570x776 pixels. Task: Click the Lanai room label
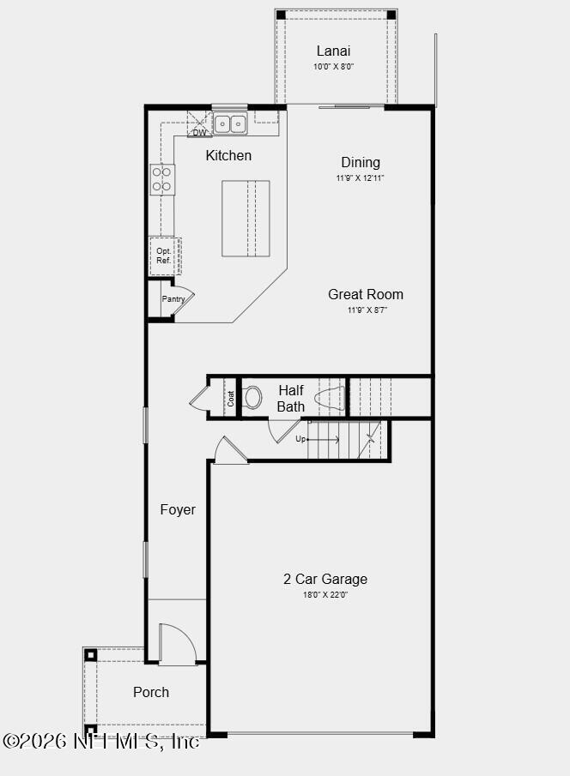pos(334,51)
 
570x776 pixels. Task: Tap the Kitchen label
pos(228,155)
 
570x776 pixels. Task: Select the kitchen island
pos(246,219)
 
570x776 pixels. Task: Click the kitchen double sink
pos(230,124)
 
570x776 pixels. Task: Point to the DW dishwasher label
pos(199,133)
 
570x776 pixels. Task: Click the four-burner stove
pos(161,179)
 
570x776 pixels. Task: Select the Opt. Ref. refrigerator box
pos(163,256)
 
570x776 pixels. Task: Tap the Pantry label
pos(173,299)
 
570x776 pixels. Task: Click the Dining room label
pos(361,162)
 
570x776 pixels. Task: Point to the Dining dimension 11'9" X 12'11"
pos(361,178)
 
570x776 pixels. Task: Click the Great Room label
pos(366,294)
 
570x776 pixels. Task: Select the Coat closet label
pos(230,399)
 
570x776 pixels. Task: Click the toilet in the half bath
pos(252,397)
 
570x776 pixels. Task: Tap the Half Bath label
pos(291,398)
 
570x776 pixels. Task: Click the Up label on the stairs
pos(300,439)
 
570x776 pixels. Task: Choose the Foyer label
pos(178,509)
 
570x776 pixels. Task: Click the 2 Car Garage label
pos(325,579)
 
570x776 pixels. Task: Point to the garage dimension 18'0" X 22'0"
pos(324,594)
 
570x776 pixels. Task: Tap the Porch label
pos(151,692)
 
